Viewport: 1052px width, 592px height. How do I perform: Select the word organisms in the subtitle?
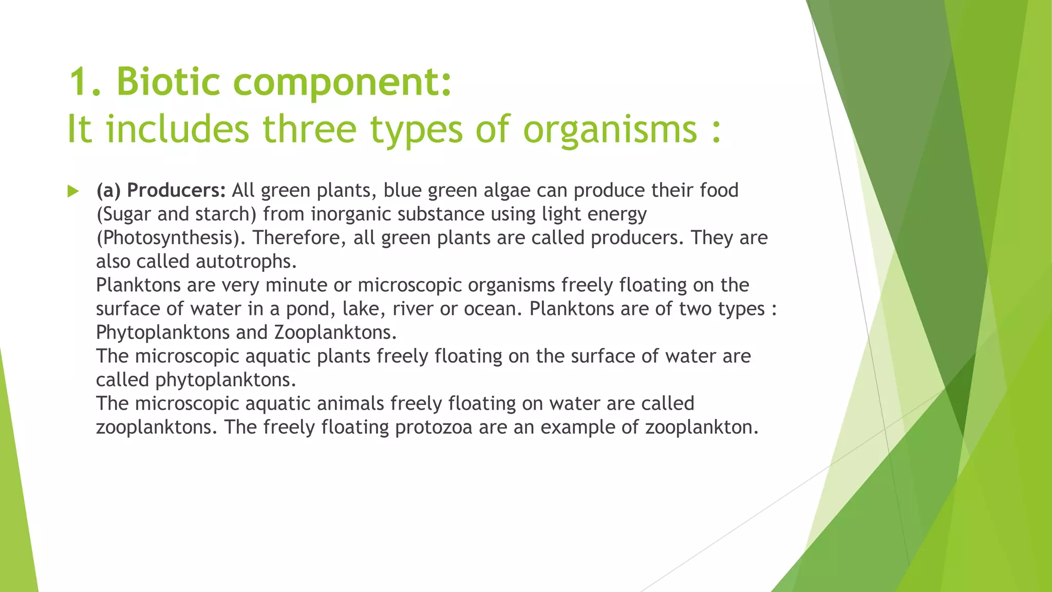click(610, 129)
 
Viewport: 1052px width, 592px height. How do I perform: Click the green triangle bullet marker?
click(73, 192)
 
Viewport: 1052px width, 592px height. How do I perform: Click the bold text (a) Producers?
click(161, 191)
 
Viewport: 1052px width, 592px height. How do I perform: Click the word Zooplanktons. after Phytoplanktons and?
click(335, 332)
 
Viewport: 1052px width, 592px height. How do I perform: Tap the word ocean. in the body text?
click(493, 309)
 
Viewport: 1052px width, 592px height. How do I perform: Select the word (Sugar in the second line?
click(124, 214)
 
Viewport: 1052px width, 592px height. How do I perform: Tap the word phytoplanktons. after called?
click(226, 380)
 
